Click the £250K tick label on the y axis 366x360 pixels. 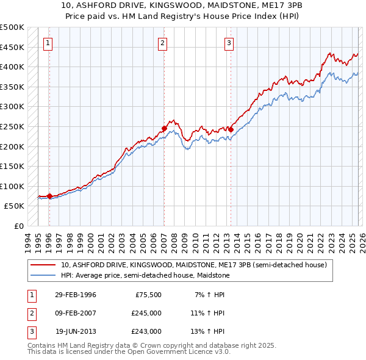(12, 126)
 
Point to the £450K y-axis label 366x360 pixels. (12, 47)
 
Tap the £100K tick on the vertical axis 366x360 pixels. (12, 186)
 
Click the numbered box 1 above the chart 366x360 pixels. (48, 43)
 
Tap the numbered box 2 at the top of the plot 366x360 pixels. (163, 43)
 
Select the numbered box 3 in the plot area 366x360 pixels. (229, 43)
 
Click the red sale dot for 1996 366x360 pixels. (49, 196)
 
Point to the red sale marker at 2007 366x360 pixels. (164, 128)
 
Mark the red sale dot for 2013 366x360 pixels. (231, 129)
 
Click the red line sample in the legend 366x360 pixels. (44, 265)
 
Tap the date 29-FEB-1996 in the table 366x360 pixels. (76, 295)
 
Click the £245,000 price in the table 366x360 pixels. (146, 313)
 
